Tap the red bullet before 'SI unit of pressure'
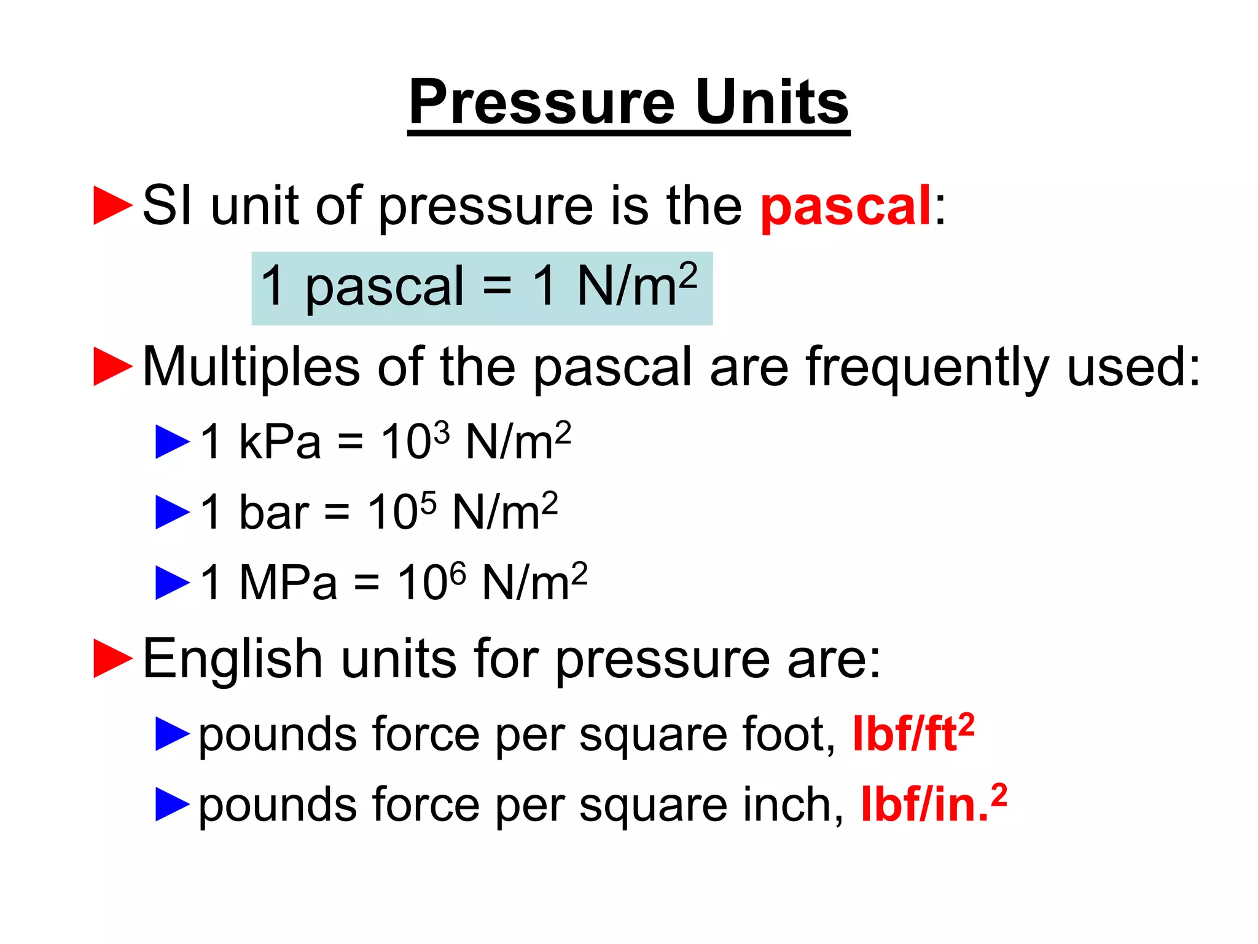pyautogui.click(x=112, y=206)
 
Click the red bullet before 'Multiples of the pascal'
pyautogui.click(x=112, y=367)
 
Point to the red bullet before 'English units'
pyautogui.click(x=112, y=658)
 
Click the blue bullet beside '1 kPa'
pyautogui.click(x=173, y=442)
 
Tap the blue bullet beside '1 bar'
pyautogui.click(x=173, y=513)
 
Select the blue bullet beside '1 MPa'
pyautogui.click(x=173, y=583)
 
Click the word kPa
pyautogui.click(x=279, y=442)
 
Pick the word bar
pyautogui.click(x=273, y=513)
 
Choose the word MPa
pyautogui.click(x=287, y=583)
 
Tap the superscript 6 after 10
pyautogui.click(x=458, y=572)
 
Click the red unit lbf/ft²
pyautogui.click(x=913, y=734)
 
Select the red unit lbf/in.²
pyautogui.click(x=933, y=804)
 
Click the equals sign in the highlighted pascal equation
pyautogui.click(x=496, y=286)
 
